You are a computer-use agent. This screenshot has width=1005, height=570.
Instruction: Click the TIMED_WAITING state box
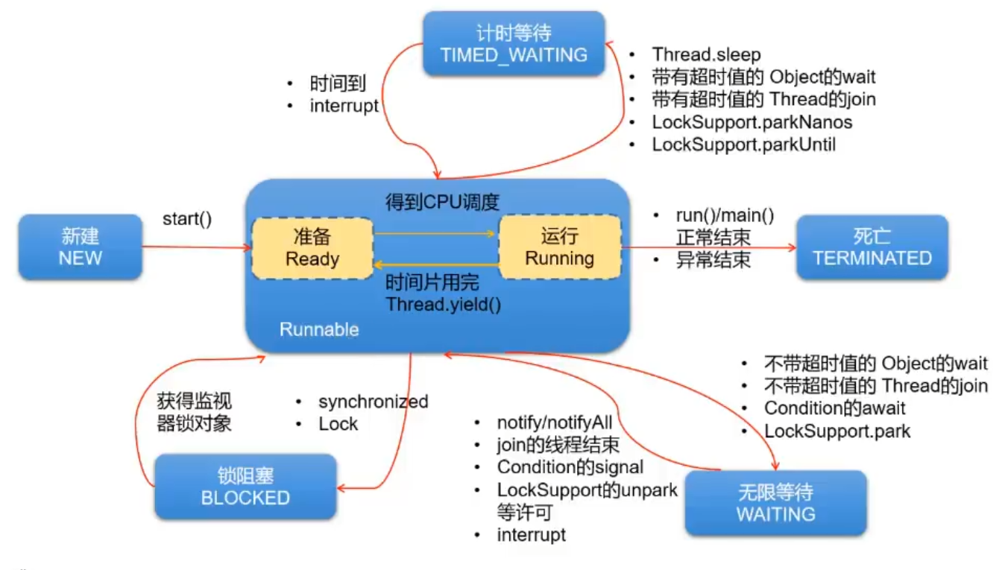[514, 43]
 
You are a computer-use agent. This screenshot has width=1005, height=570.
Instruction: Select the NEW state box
[81, 247]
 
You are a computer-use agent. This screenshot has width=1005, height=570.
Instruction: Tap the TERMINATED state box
[872, 247]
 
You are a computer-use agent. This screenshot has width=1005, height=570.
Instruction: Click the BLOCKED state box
[245, 487]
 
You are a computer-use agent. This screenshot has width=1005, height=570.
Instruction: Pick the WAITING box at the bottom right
[775, 503]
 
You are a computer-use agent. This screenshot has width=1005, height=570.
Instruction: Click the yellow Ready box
[312, 248]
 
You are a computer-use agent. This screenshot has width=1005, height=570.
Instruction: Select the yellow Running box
[560, 247]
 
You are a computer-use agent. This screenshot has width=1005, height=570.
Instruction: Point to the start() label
[186, 219]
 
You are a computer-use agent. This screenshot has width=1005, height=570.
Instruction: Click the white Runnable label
[319, 329]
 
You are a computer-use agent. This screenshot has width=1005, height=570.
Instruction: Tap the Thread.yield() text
[444, 305]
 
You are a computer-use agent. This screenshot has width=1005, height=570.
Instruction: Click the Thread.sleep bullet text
[706, 54]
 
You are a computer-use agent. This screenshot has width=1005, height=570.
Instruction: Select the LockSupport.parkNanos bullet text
[752, 122]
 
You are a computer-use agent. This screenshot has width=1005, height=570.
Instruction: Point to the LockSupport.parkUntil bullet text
[743, 145]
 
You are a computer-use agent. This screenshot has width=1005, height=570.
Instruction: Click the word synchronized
[374, 402]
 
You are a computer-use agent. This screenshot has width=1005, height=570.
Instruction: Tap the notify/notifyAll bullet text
[555, 422]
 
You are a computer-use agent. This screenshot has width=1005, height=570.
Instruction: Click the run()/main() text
[725, 216]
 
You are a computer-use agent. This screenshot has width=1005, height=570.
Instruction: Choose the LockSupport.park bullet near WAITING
[837, 431]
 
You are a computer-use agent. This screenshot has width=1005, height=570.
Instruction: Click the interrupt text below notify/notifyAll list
[532, 534]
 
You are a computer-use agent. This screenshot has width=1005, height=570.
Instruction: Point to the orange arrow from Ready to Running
[435, 233]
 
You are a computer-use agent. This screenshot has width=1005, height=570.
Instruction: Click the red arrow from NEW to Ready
[197, 247]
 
